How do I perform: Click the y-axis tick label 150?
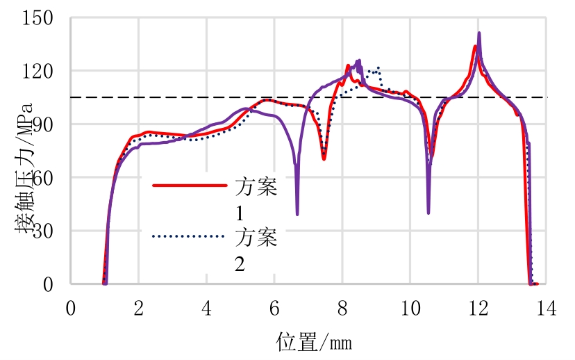pyautogui.click(x=38, y=18)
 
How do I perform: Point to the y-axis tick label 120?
pyautogui.click(x=38, y=71)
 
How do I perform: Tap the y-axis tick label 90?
pyautogui.click(x=43, y=124)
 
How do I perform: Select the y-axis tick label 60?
pyautogui.click(x=43, y=178)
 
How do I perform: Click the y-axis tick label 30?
pyautogui.click(x=43, y=231)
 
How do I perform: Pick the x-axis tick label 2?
pyautogui.click(x=138, y=309)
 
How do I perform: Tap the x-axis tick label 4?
pyautogui.click(x=206, y=309)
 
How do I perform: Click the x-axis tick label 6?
pyautogui.click(x=274, y=309)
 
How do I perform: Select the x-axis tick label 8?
pyautogui.click(x=342, y=309)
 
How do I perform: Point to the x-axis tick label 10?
pyautogui.click(x=410, y=309)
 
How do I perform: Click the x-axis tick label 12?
pyautogui.click(x=478, y=309)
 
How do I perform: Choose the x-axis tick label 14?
pyautogui.click(x=546, y=309)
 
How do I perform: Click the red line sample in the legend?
pyautogui.click(x=190, y=186)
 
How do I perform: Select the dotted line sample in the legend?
pyautogui.click(x=190, y=236)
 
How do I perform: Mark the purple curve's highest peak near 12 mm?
pyautogui.click(x=479, y=33)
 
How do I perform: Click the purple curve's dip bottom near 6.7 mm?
pyautogui.click(x=297, y=214)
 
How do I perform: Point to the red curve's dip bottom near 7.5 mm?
pyautogui.click(x=324, y=159)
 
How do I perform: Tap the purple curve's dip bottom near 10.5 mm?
pyautogui.click(x=428, y=213)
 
